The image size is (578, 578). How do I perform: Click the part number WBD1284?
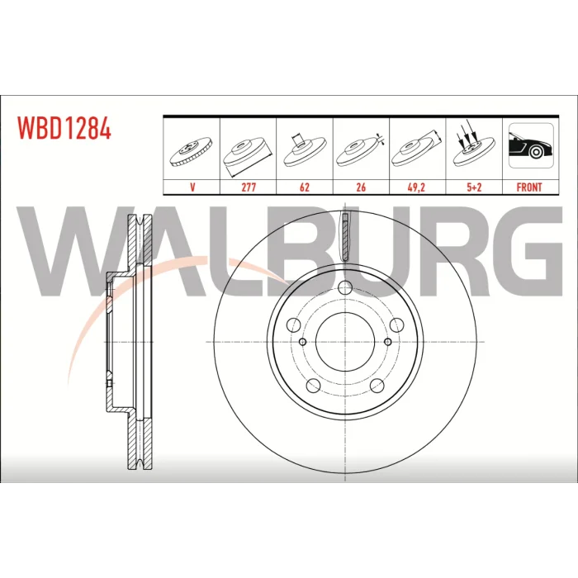click(64, 127)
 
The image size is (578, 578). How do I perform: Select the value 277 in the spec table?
click(249, 187)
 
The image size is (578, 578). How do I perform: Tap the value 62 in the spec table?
click(305, 187)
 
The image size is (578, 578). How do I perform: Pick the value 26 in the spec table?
click(361, 187)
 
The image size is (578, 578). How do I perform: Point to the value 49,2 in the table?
click(416, 187)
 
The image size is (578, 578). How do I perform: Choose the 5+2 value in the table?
click(474, 187)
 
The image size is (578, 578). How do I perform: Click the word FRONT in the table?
click(529, 187)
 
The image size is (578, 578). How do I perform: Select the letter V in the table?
click(192, 187)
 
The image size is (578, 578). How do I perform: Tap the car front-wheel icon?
click(531, 145)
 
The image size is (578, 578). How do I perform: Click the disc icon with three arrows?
click(474, 144)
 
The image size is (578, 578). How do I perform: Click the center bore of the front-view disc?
click(345, 342)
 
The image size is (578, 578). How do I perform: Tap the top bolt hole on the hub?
click(345, 287)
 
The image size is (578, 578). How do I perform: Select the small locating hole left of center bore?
click(303, 342)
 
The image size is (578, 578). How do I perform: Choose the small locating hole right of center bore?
click(388, 342)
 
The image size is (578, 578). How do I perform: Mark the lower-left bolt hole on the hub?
click(313, 386)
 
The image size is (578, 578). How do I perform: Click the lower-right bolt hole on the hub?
click(377, 386)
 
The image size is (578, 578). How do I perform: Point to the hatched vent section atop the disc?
click(345, 237)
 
